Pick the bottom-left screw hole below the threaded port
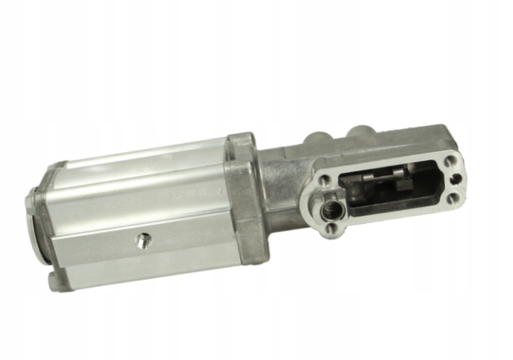point(334,228)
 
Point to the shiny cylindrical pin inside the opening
point(381,176)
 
